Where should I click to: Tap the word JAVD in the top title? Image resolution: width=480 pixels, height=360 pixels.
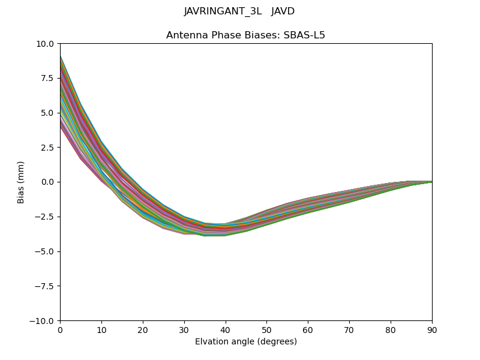[x=283, y=11]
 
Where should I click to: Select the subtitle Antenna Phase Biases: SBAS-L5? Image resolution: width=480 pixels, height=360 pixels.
[x=245, y=35]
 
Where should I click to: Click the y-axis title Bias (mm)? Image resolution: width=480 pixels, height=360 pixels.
[x=21, y=182]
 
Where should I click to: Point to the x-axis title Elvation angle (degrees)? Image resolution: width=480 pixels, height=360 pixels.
[x=245, y=341]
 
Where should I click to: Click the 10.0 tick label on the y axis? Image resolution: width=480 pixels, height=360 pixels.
[x=46, y=44]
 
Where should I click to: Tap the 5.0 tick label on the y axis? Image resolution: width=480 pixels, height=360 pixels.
[x=48, y=113]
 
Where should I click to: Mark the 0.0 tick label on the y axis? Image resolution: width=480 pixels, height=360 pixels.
[x=48, y=182]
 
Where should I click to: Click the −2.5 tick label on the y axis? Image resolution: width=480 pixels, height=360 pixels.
[x=46, y=217]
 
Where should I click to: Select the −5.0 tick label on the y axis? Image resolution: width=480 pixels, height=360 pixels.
[x=46, y=251]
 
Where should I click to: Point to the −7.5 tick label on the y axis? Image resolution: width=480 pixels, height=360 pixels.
[x=46, y=286]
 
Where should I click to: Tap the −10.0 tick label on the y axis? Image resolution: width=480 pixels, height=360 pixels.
[x=43, y=321]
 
